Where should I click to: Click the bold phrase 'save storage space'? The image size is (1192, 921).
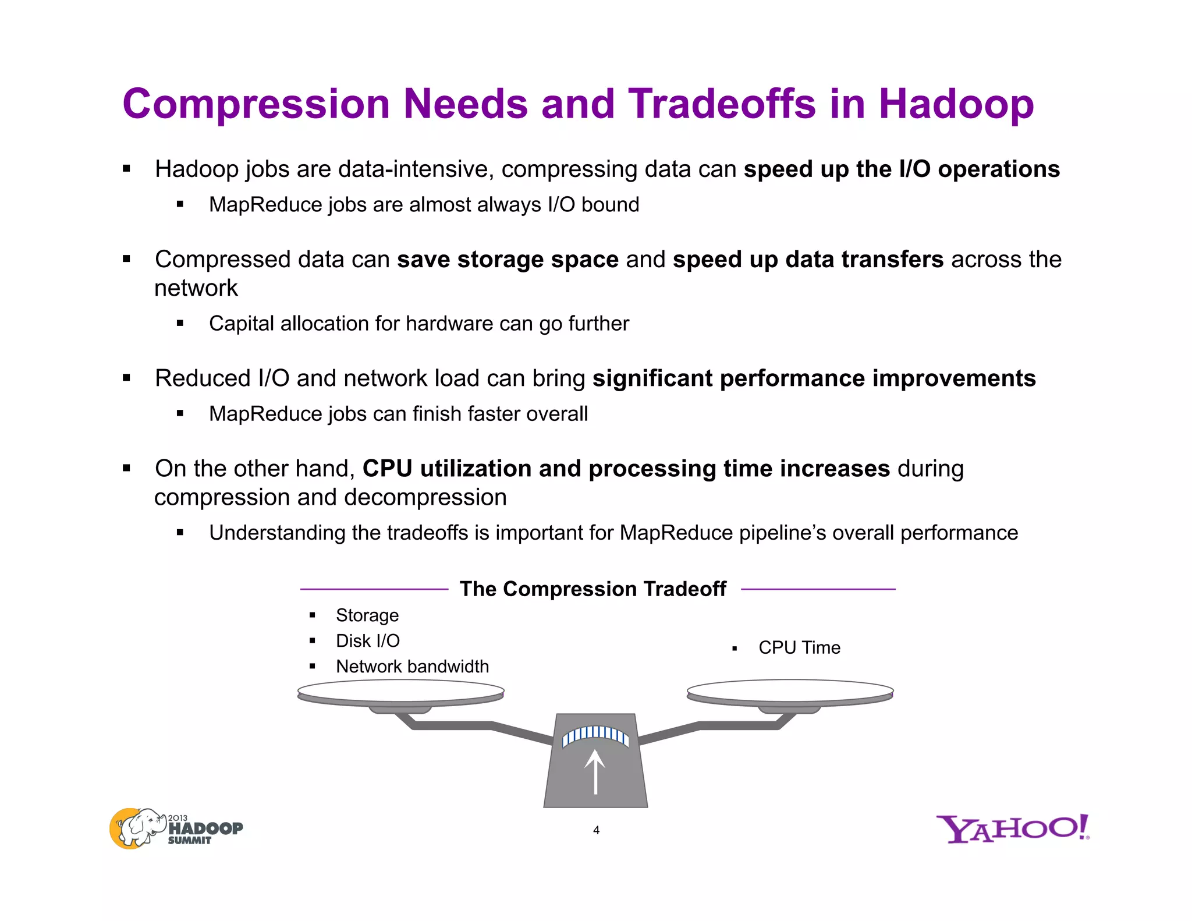pyautogui.click(x=508, y=260)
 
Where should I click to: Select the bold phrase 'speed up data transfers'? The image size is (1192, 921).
pyautogui.click(x=808, y=260)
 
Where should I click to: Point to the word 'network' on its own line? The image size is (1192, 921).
pyautogui.click(x=196, y=288)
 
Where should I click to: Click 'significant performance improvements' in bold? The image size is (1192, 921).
pyautogui.click(x=814, y=378)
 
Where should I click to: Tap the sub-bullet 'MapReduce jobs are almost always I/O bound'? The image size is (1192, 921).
pyautogui.click(x=424, y=205)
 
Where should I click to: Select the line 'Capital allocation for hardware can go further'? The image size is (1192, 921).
pyautogui.click(x=419, y=324)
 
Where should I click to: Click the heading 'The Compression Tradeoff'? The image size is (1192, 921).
pyautogui.click(x=593, y=589)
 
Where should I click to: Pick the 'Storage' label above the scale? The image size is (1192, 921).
pyautogui.click(x=367, y=615)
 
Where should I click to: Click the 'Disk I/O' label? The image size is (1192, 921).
pyautogui.click(x=368, y=641)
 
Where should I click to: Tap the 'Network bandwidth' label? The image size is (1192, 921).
pyautogui.click(x=412, y=667)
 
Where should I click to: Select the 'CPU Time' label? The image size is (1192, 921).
pyautogui.click(x=799, y=648)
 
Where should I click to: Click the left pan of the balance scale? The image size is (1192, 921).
pyautogui.click(x=400, y=692)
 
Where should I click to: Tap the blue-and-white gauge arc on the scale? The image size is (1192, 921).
pyautogui.click(x=595, y=734)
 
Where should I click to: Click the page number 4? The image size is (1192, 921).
pyautogui.click(x=596, y=830)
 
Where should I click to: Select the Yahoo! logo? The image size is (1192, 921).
pyautogui.click(x=1012, y=829)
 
